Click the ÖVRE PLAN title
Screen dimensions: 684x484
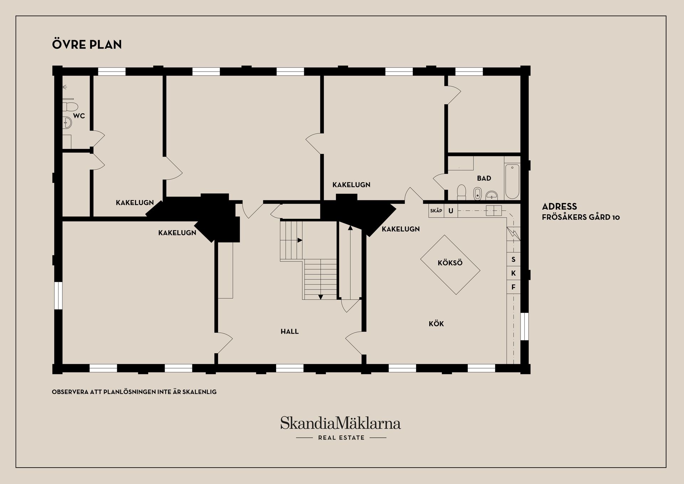point(87,44)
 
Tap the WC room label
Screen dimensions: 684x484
point(79,116)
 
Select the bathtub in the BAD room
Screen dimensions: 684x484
point(512,181)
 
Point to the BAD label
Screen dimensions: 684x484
point(484,178)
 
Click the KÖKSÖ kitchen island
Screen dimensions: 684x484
point(450,264)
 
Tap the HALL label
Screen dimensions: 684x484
point(290,331)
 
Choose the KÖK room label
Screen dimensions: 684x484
point(436,324)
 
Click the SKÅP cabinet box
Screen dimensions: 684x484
point(436,211)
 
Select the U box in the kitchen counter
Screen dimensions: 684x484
point(451,211)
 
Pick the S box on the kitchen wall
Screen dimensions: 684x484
point(513,259)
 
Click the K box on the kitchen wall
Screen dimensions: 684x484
point(513,273)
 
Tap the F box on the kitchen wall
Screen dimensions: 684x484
point(513,287)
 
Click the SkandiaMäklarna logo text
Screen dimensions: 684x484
point(341,423)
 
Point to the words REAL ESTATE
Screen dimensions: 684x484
point(341,438)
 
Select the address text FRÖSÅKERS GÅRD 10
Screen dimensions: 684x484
point(581,217)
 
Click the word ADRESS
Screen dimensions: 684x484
point(560,206)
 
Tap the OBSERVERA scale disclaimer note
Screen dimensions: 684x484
point(134,392)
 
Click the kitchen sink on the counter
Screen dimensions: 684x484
point(493,211)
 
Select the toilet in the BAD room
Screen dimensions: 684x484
point(462,192)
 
